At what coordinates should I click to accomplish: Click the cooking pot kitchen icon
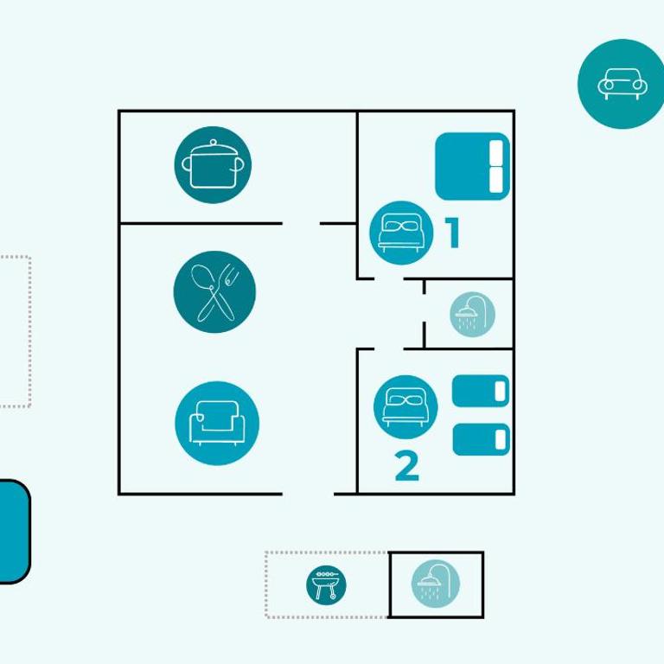pyautogui.click(x=213, y=164)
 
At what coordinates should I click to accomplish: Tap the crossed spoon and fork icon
pyautogui.click(x=214, y=291)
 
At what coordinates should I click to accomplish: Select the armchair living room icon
pyautogui.click(x=217, y=423)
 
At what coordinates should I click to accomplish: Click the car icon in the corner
pyautogui.click(x=622, y=84)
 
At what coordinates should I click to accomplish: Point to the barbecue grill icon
pyautogui.click(x=326, y=584)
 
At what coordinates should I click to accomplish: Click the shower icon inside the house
pyautogui.click(x=472, y=314)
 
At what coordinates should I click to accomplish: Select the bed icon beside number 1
pyautogui.click(x=401, y=233)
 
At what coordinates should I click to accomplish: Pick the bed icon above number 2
pyautogui.click(x=405, y=407)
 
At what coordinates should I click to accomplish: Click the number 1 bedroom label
pyautogui.click(x=452, y=233)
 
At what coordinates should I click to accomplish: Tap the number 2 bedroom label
pyautogui.click(x=407, y=466)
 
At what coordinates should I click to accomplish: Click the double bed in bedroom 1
pyautogui.click(x=472, y=166)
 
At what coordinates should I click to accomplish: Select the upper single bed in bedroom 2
pyautogui.click(x=481, y=391)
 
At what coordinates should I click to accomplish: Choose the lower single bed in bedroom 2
pyautogui.click(x=481, y=439)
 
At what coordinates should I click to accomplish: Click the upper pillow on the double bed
pyautogui.click(x=496, y=152)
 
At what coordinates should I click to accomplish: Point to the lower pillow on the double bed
pyautogui.click(x=496, y=180)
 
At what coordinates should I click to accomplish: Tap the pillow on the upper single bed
pyautogui.click(x=500, y=391)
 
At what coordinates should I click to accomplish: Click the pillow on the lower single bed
pyautogui.click(x=500, y=439)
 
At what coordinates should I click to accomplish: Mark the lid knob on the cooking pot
pyautogui.click(x=213, y=143)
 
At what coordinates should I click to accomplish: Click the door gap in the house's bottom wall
pyautogui.click(x=308, y=494)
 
